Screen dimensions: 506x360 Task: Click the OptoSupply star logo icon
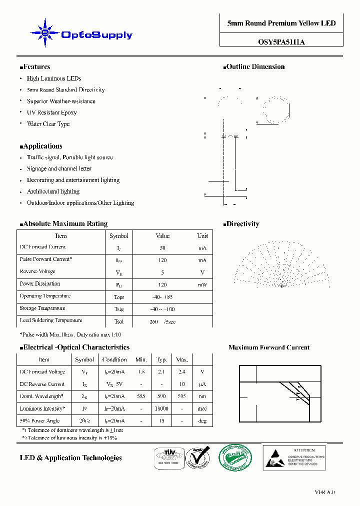(44, 33)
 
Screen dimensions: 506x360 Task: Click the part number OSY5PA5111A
(281, 42)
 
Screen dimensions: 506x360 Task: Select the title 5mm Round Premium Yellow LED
(281, 23)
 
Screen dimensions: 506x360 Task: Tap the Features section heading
(35, 66)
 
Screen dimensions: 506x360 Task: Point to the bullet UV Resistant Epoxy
(51, 112)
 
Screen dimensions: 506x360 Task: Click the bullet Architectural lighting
(53, 191)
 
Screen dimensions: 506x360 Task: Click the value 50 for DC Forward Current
(162, 248)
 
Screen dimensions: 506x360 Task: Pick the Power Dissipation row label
(40, 283)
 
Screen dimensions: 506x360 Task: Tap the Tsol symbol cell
(118, 321)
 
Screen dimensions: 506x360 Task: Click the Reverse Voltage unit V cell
(202, 272)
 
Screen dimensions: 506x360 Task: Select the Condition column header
(114, 359)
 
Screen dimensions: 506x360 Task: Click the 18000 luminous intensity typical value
(161, 408)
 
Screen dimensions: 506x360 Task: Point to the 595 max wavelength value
(181, 396)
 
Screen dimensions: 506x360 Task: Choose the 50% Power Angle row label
(39, 420)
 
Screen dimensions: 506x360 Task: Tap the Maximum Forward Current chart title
(268, 347)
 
